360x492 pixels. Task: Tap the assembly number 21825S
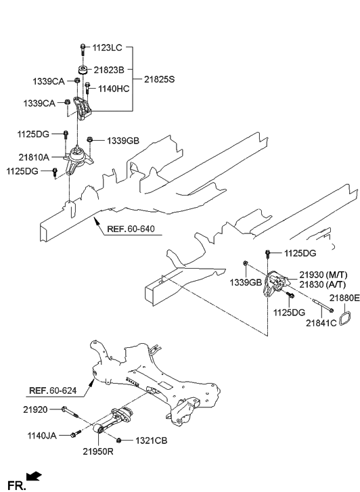click(x=159, y=79)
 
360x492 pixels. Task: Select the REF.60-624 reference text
click(x=53, y=390)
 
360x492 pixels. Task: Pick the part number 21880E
click(x=344, y=297)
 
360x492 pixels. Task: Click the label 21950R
click(x=98, y=451)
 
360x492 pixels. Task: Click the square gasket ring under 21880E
click(x=344, y=318)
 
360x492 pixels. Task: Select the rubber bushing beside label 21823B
click(x=83, y=70)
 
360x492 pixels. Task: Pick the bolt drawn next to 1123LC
click(x=83, y=49)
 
